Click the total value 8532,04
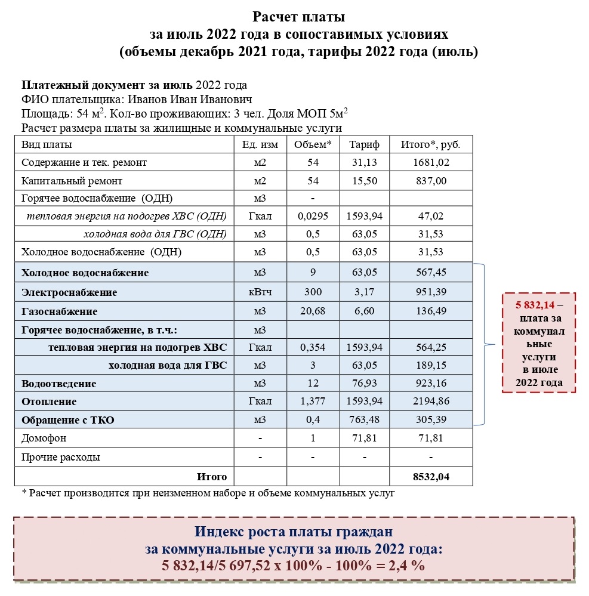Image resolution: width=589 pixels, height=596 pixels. point(431,477)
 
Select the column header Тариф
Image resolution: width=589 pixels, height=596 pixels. point(363,145)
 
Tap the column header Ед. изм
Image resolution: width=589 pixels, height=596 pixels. point(260,145)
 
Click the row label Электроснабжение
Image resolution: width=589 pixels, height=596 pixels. point(69,292)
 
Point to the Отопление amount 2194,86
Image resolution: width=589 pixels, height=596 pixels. point(431,402)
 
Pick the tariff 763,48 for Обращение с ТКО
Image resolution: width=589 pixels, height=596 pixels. point(363,420)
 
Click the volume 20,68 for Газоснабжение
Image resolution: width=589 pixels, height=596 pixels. point(313,311)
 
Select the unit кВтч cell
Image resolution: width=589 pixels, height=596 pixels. point(260,292)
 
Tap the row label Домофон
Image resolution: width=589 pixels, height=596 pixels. point(44,438)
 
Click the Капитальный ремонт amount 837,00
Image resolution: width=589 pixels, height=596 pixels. point(431,181)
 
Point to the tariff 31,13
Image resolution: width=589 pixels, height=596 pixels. point(363,162)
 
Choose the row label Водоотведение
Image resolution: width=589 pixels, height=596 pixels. point(58,384)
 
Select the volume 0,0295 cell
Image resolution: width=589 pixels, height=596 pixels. point(313,216)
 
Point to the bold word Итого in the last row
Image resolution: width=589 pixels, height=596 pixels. point(212,477)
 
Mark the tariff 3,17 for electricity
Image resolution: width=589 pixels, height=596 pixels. point(363,292)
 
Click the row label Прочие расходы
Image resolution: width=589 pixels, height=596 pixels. point(61,458)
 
